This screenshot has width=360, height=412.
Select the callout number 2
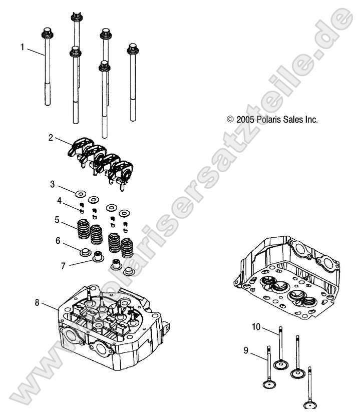[x=51, y=138]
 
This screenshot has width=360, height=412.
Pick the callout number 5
[x=57, y=219]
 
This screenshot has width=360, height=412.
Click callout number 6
[x=58, y=241]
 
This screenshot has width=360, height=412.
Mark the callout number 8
[x=37, y=303]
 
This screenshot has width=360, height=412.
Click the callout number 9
[x=246, y=351]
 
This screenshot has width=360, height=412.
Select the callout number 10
[x=256, y=327]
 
